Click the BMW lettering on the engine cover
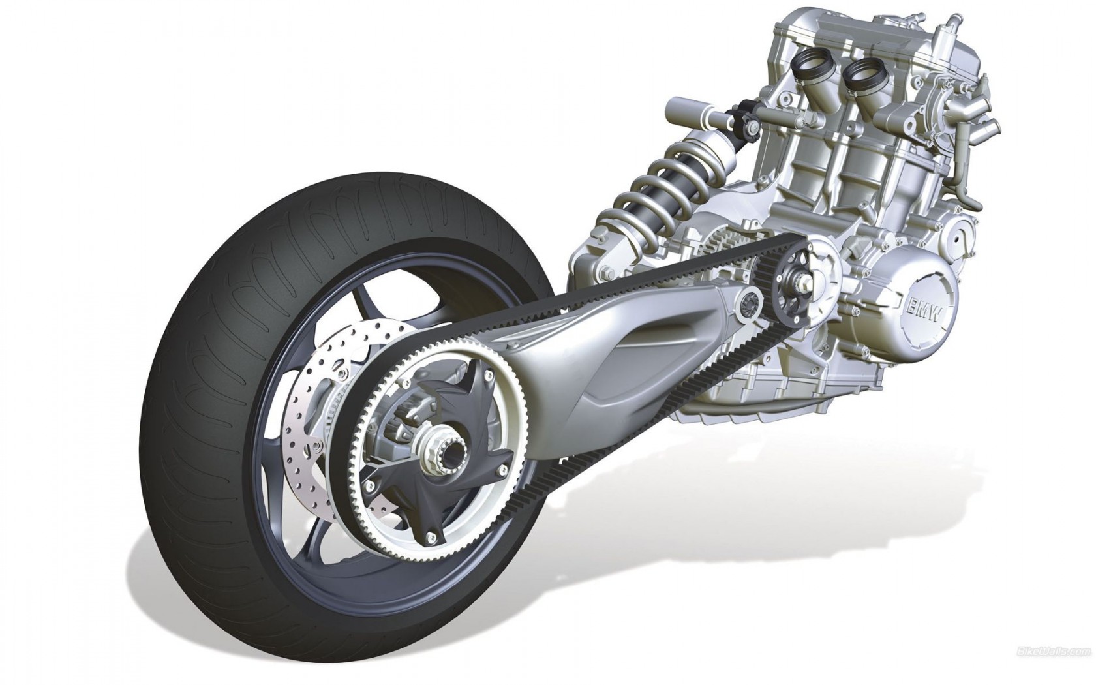tap(924, 311)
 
